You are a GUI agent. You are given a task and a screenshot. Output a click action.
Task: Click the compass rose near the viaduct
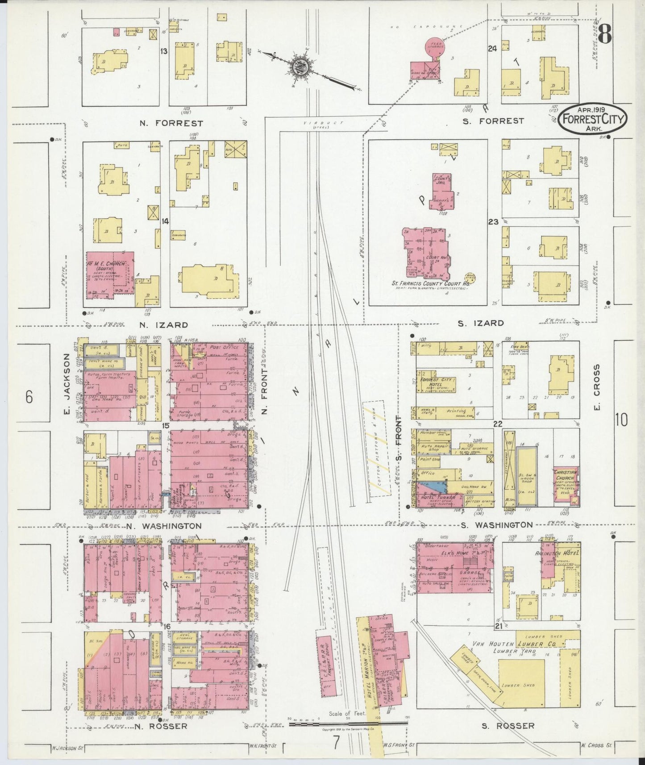pos(298,67)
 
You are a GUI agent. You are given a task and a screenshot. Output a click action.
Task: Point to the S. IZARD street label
pos(482,323)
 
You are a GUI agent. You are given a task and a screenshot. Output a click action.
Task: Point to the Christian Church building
pos(566,486)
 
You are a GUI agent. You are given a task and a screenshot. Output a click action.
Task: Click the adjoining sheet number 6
pos(29,397)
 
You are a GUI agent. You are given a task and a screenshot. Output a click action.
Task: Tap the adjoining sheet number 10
pos(621,420)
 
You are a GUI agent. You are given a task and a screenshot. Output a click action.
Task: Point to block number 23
pos(493,221)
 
